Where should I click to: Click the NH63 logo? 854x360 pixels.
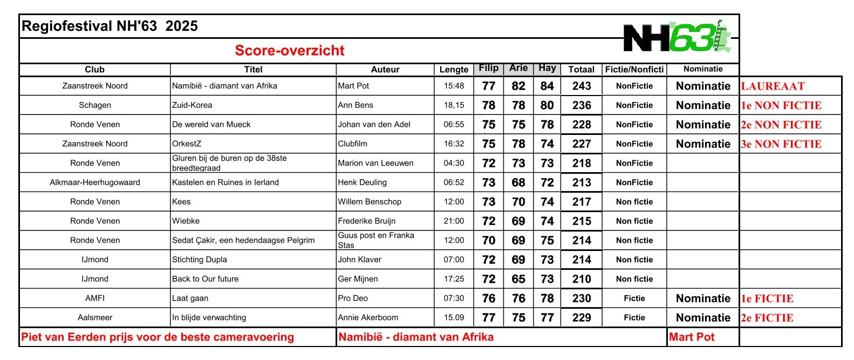pyautogui.click(x=677, y=37)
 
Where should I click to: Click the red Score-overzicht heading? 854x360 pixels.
pyautogui.click(x=289, y=51)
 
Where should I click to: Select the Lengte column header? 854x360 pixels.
pyautogui.click(x=454, y=70)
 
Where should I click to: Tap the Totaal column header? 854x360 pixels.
pyautogui.click(x=581, y=70)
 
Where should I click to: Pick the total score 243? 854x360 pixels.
pyautogui.click(x=582, y=86)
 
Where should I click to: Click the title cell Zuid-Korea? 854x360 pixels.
pyautogui.click(x=192, y=105)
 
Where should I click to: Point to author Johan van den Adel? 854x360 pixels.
pyautogui.click(x=374, y=125)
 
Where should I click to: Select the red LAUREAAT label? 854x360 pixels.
pyautogui.click(x=773, y=86)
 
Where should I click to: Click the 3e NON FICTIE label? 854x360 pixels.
pyautogui.click(x=781, y=144)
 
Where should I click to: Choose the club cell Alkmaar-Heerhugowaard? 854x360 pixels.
pyautogui.click(x=95, y=182)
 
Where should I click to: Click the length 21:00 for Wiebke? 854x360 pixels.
pyautogui.click(x=454, y=221)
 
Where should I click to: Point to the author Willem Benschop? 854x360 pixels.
pyautogui.click(x=370, y=202)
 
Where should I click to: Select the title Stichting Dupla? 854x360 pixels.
pyautogui.click(x=199, y=260)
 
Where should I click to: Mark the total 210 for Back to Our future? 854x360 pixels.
pyautogui.click(x=582, y=279)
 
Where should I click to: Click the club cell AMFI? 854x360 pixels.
pyautogui.click(x=95, y=298)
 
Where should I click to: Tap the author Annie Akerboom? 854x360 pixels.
pyautogui.click(x=368, y=318)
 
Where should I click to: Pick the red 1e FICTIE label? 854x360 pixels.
pyautogui.click(x=767, y=298)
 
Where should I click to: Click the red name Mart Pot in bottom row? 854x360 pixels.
pyautogui.click(x=692, y=337)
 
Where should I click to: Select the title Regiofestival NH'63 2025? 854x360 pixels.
pyautogui.click(x=110, y=26)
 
